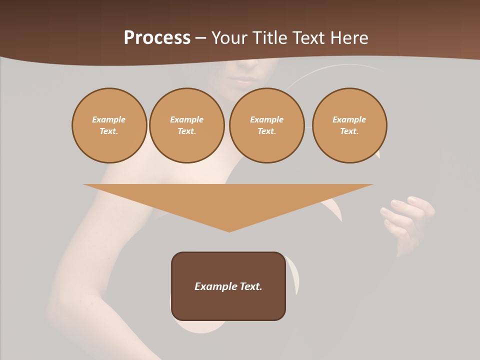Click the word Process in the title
click(157, 38)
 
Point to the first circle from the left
click(109, 125)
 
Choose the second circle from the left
click(186, 125)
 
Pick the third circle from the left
click(266, 125)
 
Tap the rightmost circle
click(349, 125)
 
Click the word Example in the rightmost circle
click(349, 119)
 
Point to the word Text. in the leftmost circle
click(109, 131)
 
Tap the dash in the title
click(201, 38)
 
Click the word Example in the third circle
click(266, 119)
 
